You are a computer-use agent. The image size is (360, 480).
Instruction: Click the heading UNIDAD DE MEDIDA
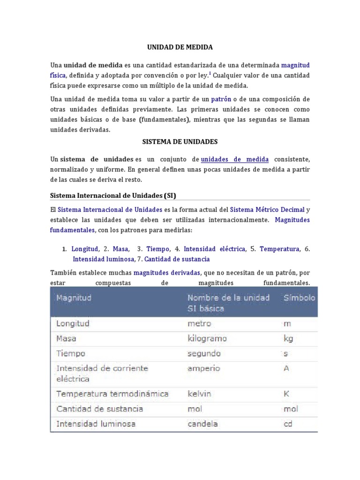coord(180,47)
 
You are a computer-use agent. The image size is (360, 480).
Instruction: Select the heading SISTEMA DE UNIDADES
coord(180,141)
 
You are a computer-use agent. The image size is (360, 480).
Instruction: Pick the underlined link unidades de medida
coord(235,159)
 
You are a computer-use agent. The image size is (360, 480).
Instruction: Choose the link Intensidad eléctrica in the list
coord(214,249)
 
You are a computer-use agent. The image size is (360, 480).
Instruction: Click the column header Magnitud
coord(74,298)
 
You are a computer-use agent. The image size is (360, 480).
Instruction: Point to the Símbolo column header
coord(299,298)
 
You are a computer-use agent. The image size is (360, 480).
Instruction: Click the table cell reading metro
coord(199,323)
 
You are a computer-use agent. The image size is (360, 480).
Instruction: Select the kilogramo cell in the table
coord(207,338)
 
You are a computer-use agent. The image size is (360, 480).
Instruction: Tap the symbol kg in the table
coord(288,338)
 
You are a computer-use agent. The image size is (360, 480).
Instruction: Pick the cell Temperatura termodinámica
coord(112,394)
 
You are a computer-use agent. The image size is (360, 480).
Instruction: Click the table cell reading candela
coord(202,424)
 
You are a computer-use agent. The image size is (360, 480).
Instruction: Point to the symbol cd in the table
coord(288,424)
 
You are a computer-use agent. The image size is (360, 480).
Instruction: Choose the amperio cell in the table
coord(203,368)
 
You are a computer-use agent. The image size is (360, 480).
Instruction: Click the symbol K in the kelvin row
coord(286,394)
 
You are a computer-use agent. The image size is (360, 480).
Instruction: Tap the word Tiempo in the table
coord(71,353)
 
